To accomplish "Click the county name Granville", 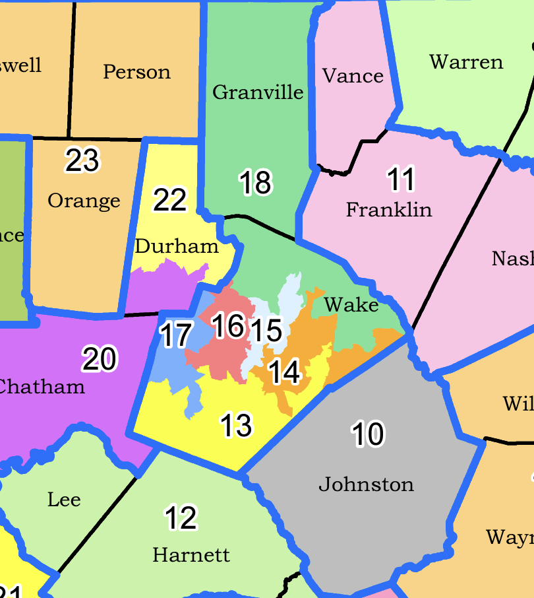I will click(x=258, y=92).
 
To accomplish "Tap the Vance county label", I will click(x=353, y=77).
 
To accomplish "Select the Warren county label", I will click(x=466, y=63).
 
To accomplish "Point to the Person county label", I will click(x=136, y=72).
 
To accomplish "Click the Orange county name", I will click(x=84, y=201).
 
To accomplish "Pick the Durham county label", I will click(x=177, y=247).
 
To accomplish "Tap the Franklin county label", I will click(x=389, y=210).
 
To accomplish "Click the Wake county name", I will click(x=351, y=305).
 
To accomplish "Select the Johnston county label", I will click(x=366, y=484).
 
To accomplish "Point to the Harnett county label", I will click(x=191, y=555).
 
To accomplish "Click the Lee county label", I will click(x=64, y=500).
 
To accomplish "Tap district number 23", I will click(x=82, y=161).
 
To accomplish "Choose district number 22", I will click(x=169, y=200).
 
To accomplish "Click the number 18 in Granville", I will click(x=255, y=183).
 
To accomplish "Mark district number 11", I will click(x=400, y=180).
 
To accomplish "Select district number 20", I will click(x=100, y=359).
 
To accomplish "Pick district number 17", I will click(x=176, y=335).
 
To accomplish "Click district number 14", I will click(x=285, y=372).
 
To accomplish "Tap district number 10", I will click(x=368, y=434).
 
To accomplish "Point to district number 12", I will click(x=181, y=518).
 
